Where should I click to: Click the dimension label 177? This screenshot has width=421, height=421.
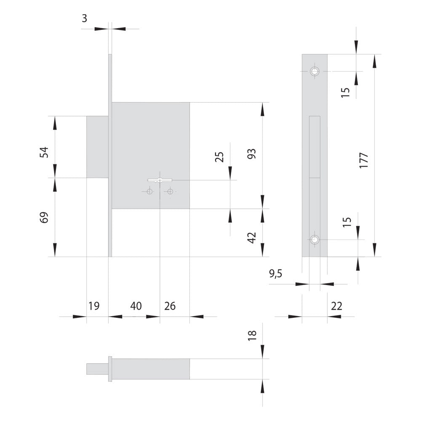click(364, 160)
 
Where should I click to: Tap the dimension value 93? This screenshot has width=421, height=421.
click(252, 154)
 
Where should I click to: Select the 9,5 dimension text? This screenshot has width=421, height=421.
click(276, 274)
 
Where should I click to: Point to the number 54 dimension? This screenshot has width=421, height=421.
click(44, 152)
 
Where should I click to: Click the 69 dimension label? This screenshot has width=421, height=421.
click(44, 218)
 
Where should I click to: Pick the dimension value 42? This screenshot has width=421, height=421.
click(252, 238)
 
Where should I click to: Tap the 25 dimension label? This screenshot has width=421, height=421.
click(219, 157)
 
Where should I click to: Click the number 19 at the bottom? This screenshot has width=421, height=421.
click(94, 306)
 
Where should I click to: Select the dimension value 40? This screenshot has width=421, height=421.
click(136, 306)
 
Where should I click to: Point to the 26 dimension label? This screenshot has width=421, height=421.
click(170, 306)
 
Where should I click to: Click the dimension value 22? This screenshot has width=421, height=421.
click(336, 306)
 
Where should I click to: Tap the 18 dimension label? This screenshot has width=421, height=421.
click(252, 336)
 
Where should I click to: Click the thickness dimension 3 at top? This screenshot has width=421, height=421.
click(84, 19)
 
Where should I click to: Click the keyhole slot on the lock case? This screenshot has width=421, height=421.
click(160, 180)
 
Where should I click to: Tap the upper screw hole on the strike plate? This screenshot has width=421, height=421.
click(314, 71)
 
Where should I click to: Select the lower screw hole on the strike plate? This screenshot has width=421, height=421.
click(314, 239)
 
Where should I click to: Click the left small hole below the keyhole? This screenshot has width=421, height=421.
click(150, 192)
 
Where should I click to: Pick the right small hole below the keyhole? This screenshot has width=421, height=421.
click(170, 192)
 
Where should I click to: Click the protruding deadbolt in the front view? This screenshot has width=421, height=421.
click(98, 147)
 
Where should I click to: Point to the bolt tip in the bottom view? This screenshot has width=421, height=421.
click(97, 369)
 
